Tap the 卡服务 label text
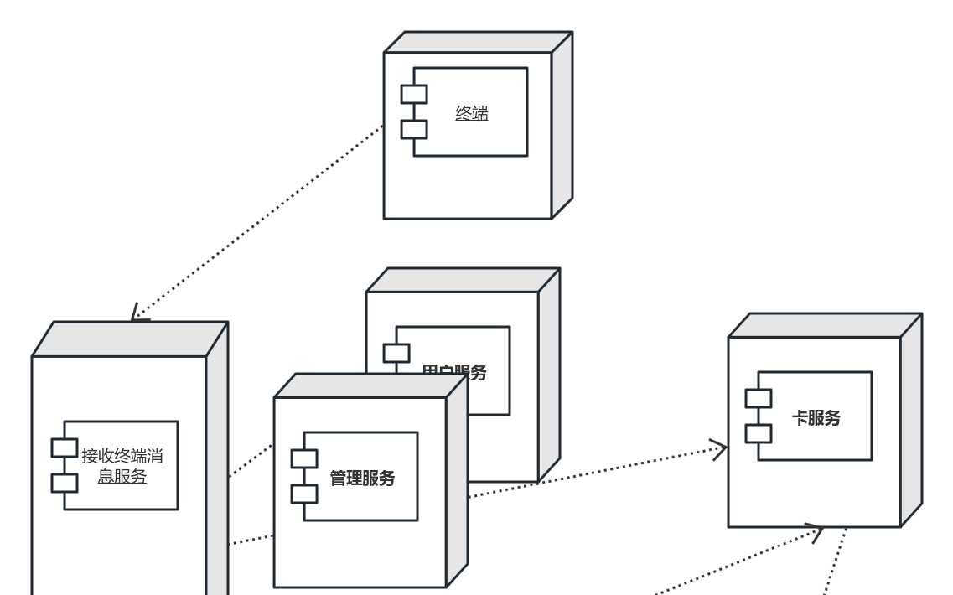tap(816, 417)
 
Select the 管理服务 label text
tap(362, 479)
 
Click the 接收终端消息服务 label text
tap(122, 466)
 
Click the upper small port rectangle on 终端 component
tap(414, 94)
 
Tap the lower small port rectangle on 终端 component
tap(414, 129)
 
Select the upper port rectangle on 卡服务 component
tap(759, 398)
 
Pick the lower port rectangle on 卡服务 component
tap(759, 433)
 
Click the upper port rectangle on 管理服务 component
tap(304, 458)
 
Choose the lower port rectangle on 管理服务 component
tap(304, 494)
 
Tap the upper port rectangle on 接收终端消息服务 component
tap(65, 448)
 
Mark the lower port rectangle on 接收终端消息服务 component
tap(65, 483)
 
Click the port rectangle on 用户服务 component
tap(396, 353)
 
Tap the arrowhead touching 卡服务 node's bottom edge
tap(815, 530)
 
